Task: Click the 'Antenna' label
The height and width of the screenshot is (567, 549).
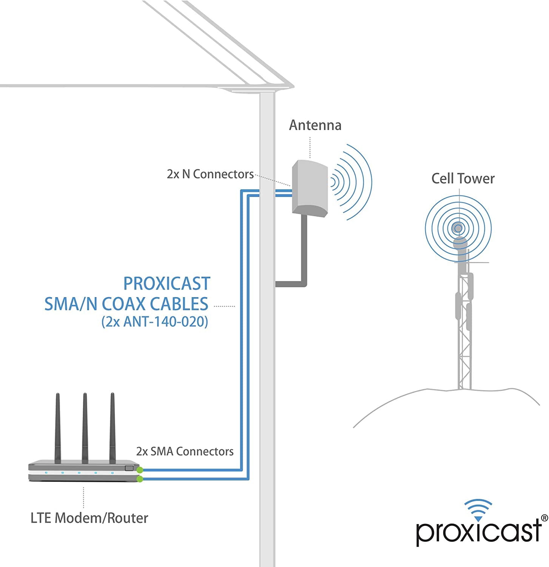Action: click(x=315, y=125)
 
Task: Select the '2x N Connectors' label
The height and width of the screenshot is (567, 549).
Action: click(x=210, y=174)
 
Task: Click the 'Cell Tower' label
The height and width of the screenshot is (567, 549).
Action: click(x=463, y=178)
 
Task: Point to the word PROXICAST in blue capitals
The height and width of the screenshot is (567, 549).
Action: click(x=167, y=283)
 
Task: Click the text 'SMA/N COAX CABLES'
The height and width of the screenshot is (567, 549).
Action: click(x=126, y=304)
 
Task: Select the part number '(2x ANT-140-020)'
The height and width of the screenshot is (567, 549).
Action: click(x=154, y=321)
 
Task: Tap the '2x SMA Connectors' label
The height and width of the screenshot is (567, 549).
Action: click(x=185, y=451)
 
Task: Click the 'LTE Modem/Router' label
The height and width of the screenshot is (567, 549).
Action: click(x=89, y=518)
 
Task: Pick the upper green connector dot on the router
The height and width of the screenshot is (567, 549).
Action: click(x=140, y=470)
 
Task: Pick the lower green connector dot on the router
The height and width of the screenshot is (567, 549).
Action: click(x=140, y=479)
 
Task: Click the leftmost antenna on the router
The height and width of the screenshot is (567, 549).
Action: click(x=58, y=427)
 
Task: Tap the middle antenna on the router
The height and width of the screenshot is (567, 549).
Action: click(x=85, y=427)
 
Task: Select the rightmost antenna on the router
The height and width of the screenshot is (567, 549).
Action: click(x=112, y=427)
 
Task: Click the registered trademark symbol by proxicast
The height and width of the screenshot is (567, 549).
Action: click(x=544, y=518)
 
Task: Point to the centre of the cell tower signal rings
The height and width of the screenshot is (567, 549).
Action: click(x=458, y=228)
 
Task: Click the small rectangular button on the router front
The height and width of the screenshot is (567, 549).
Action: click(x=129, y=468)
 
